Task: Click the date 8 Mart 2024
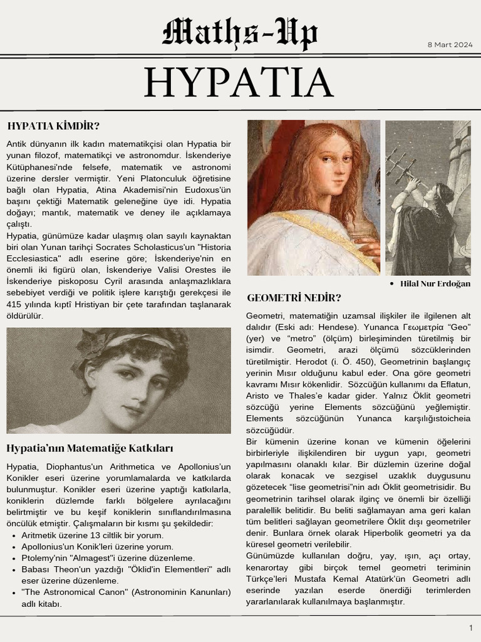pyautogui.click(x=450, y=45)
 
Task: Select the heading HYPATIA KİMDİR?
pyautogui.click(x=54, y=126)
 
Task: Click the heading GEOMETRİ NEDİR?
pyautogui.click(x=294, y=297)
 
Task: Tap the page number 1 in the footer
pyautogui.click(x=470, y=628)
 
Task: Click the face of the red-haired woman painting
pyautogui.click(x=334, y=166)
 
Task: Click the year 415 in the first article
pyautogui.click(x=15, y=304)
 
